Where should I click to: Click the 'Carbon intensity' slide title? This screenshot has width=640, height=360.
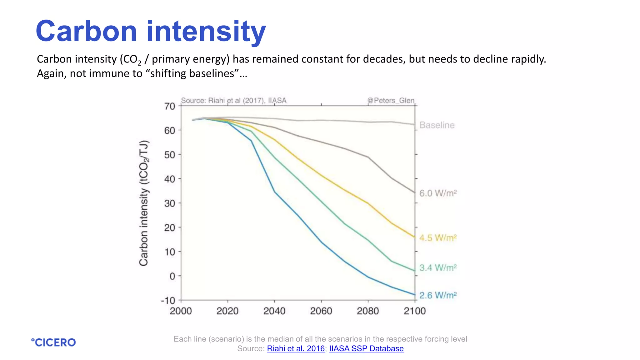(x=151, y=31)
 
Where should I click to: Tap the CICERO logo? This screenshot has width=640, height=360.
(x=53, y=342)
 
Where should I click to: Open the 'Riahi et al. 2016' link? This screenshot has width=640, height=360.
(x=296, y=348)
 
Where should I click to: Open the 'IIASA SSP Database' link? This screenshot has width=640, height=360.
(x=366, y=348)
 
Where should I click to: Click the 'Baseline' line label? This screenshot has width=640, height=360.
(x=437, y=125)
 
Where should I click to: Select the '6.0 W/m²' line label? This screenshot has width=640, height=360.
(x=438, y=193)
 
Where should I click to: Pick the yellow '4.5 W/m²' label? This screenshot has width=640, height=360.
(x=438, y=238)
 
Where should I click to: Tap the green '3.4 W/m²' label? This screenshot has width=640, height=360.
(x=438, y=268)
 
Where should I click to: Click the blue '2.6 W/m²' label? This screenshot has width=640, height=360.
(x=438, y=295)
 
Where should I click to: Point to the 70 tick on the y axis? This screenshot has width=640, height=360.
(x=170, y=106)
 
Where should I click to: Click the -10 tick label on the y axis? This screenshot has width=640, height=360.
(x=168, y=301)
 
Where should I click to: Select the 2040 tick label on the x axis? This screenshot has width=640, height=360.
(x=274, y=311)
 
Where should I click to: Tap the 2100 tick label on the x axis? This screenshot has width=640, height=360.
(x=415, y=311)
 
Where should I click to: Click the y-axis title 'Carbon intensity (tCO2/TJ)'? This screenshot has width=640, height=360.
(x=144, y=203)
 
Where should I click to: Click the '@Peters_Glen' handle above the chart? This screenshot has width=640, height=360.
(x=391, y=100)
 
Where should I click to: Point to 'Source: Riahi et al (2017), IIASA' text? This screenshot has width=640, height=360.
(x=234, y=100)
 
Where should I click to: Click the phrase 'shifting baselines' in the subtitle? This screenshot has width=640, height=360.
(x=192, y=73)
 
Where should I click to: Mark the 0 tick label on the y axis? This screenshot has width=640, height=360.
(x=172, y=276)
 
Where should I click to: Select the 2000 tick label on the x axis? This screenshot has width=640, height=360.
(x=181, y=311)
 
